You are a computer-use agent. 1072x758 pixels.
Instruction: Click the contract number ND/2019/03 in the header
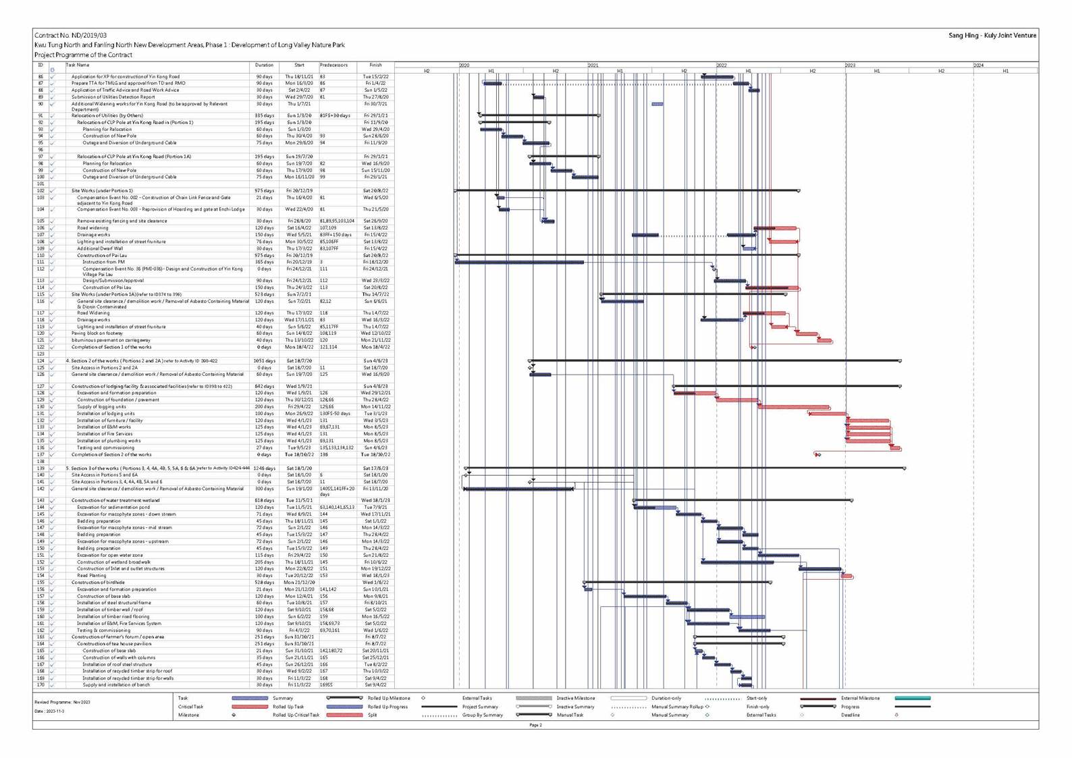pos(70,35)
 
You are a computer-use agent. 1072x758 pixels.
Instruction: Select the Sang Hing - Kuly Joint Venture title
pos(992,35)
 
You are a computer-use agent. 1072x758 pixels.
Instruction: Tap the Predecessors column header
pos(333,65)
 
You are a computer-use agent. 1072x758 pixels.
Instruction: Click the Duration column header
pos(264,65)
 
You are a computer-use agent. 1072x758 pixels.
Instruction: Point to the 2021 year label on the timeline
pos(593,65)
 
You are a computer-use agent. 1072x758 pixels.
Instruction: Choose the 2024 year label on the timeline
pos(978,65)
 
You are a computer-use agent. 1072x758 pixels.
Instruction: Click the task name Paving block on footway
pos(97,333)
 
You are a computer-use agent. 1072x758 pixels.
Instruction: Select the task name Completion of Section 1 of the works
pos(111,347)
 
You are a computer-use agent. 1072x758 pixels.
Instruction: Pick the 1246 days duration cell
pos(264,468)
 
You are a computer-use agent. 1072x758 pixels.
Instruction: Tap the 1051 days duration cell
pos(264,361)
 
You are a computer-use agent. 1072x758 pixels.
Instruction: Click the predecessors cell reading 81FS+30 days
pos(336,115)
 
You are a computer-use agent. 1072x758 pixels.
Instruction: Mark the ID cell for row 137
pos(41,455)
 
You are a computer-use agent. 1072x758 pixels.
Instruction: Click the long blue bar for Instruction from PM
pos(520,262)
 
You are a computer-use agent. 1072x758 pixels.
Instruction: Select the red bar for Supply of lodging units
pos(793,407)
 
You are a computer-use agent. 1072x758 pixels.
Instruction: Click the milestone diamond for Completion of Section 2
pos(818,455)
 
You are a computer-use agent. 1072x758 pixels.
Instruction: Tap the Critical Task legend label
pos(190,707)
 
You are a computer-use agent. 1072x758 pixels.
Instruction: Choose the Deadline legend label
pos(851,715)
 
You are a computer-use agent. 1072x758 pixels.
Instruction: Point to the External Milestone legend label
pos(860,699)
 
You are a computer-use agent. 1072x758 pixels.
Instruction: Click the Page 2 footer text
pos(535,726)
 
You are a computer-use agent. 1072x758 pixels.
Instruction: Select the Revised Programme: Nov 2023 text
pos(62,703)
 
